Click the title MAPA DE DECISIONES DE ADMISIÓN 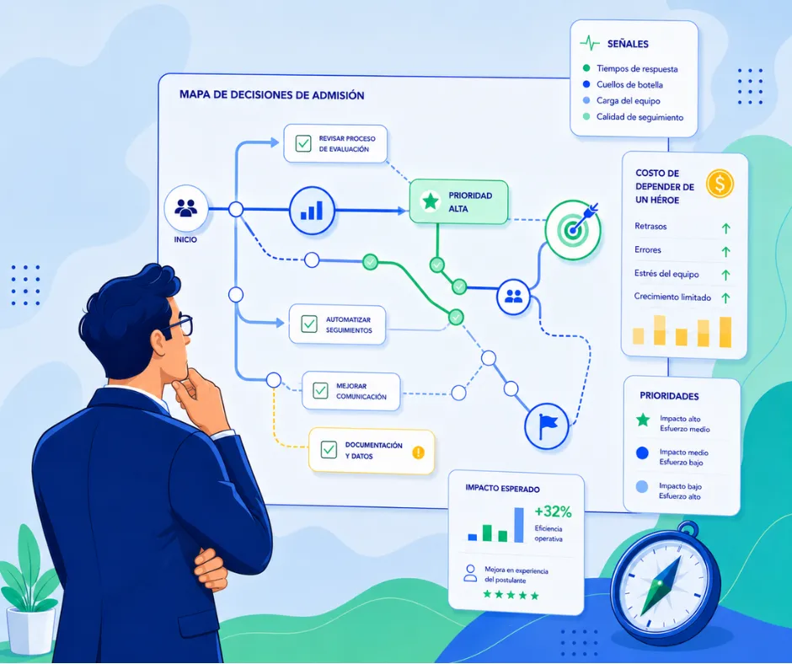(272, 95)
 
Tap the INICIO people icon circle (186, 208)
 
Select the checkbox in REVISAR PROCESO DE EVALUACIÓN (303, 143)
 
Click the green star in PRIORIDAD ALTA (430, 201)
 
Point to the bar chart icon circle (312, 210)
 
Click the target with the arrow (573, 229)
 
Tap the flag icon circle (547, 426)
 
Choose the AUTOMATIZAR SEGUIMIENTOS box (337, 325)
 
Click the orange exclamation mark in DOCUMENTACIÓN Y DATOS (418, 452)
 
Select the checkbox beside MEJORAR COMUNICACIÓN (320, 391)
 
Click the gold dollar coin (720, 184)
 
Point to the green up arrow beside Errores (725, 251)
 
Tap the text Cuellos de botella (629, 84)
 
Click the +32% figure (553, 511)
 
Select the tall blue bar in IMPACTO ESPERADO (519, 525)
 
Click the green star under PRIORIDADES (643, 420)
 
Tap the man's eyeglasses (180, 325)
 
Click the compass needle (661, 586)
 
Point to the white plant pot (30, 629)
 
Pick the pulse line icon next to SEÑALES (590, 44)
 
